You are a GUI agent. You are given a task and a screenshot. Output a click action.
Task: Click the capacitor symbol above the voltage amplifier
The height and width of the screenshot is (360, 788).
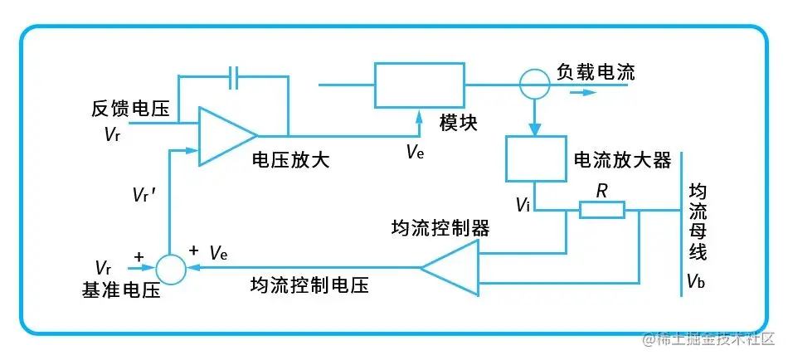(x=235, y=78)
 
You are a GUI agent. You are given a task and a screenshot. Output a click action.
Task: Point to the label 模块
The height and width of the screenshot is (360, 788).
(x=458, y=121)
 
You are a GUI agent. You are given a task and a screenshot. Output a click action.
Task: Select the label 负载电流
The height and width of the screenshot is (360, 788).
(x=595, y=72)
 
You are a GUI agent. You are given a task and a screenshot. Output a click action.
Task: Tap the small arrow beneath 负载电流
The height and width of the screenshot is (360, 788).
(x=584, y=92)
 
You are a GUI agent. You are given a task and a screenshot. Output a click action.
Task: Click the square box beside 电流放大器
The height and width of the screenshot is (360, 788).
(x=533, y=158)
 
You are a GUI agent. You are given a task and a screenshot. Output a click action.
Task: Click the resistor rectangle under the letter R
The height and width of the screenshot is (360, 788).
(x=601, y=210)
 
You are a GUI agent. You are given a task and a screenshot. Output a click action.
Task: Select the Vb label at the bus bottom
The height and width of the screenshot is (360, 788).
(x=696, y=281)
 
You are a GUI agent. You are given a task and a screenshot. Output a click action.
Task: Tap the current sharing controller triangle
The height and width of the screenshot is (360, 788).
(x=452, y=268)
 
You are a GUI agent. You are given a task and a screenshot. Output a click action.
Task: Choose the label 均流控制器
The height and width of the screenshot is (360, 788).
(x=440, y=227)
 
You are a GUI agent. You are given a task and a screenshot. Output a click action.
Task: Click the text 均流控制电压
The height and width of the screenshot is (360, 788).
(x=309, y=285)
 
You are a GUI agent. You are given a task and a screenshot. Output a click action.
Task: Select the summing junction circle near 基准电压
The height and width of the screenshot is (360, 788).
(x=170, y=268)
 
